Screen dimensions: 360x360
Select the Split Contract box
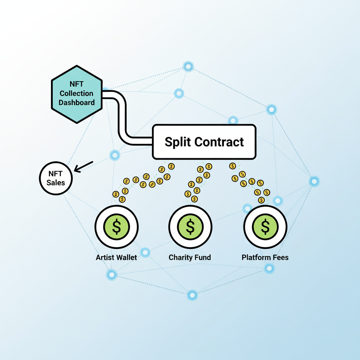(x=204, y=141)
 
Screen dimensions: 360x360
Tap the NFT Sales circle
(x=56, y=178)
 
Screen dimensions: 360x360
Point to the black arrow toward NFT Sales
(x=84, y=167)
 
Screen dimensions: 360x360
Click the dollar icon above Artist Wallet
(x=117, y=226)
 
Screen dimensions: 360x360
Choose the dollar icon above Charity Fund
(x=190, y=226)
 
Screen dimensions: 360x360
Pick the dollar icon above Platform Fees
(x=265, y=226)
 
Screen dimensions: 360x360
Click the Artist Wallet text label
(x=116, y=257)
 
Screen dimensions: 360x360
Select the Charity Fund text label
(x=190, y=257)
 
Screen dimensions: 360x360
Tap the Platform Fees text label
(x=265, y=257)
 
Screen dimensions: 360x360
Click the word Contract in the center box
(x=219, y=142)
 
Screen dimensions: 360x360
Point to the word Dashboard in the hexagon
(x=77, y=103)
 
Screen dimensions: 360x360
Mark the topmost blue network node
(x=188, y=66)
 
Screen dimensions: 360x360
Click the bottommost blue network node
(x=192, y=295)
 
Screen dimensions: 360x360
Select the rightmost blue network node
(x=314, y=181)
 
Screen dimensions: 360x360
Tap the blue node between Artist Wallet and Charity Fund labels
(x=145, y=252)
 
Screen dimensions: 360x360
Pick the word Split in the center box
(x=178, y=142)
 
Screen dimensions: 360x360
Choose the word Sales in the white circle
(x=56, y=182)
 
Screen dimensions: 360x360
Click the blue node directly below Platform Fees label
(x=269, y=269)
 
